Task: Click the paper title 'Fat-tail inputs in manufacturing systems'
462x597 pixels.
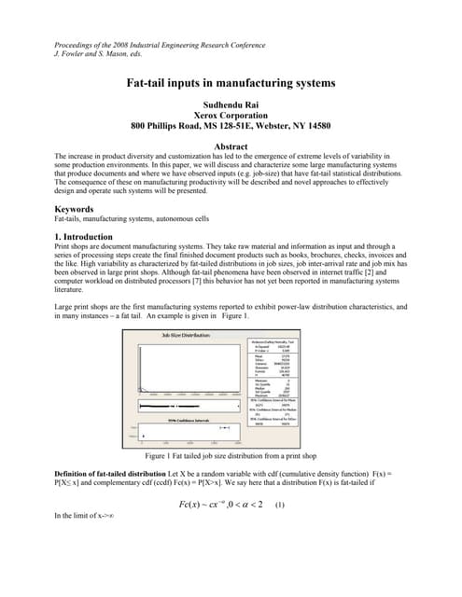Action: (x=231, y=83)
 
